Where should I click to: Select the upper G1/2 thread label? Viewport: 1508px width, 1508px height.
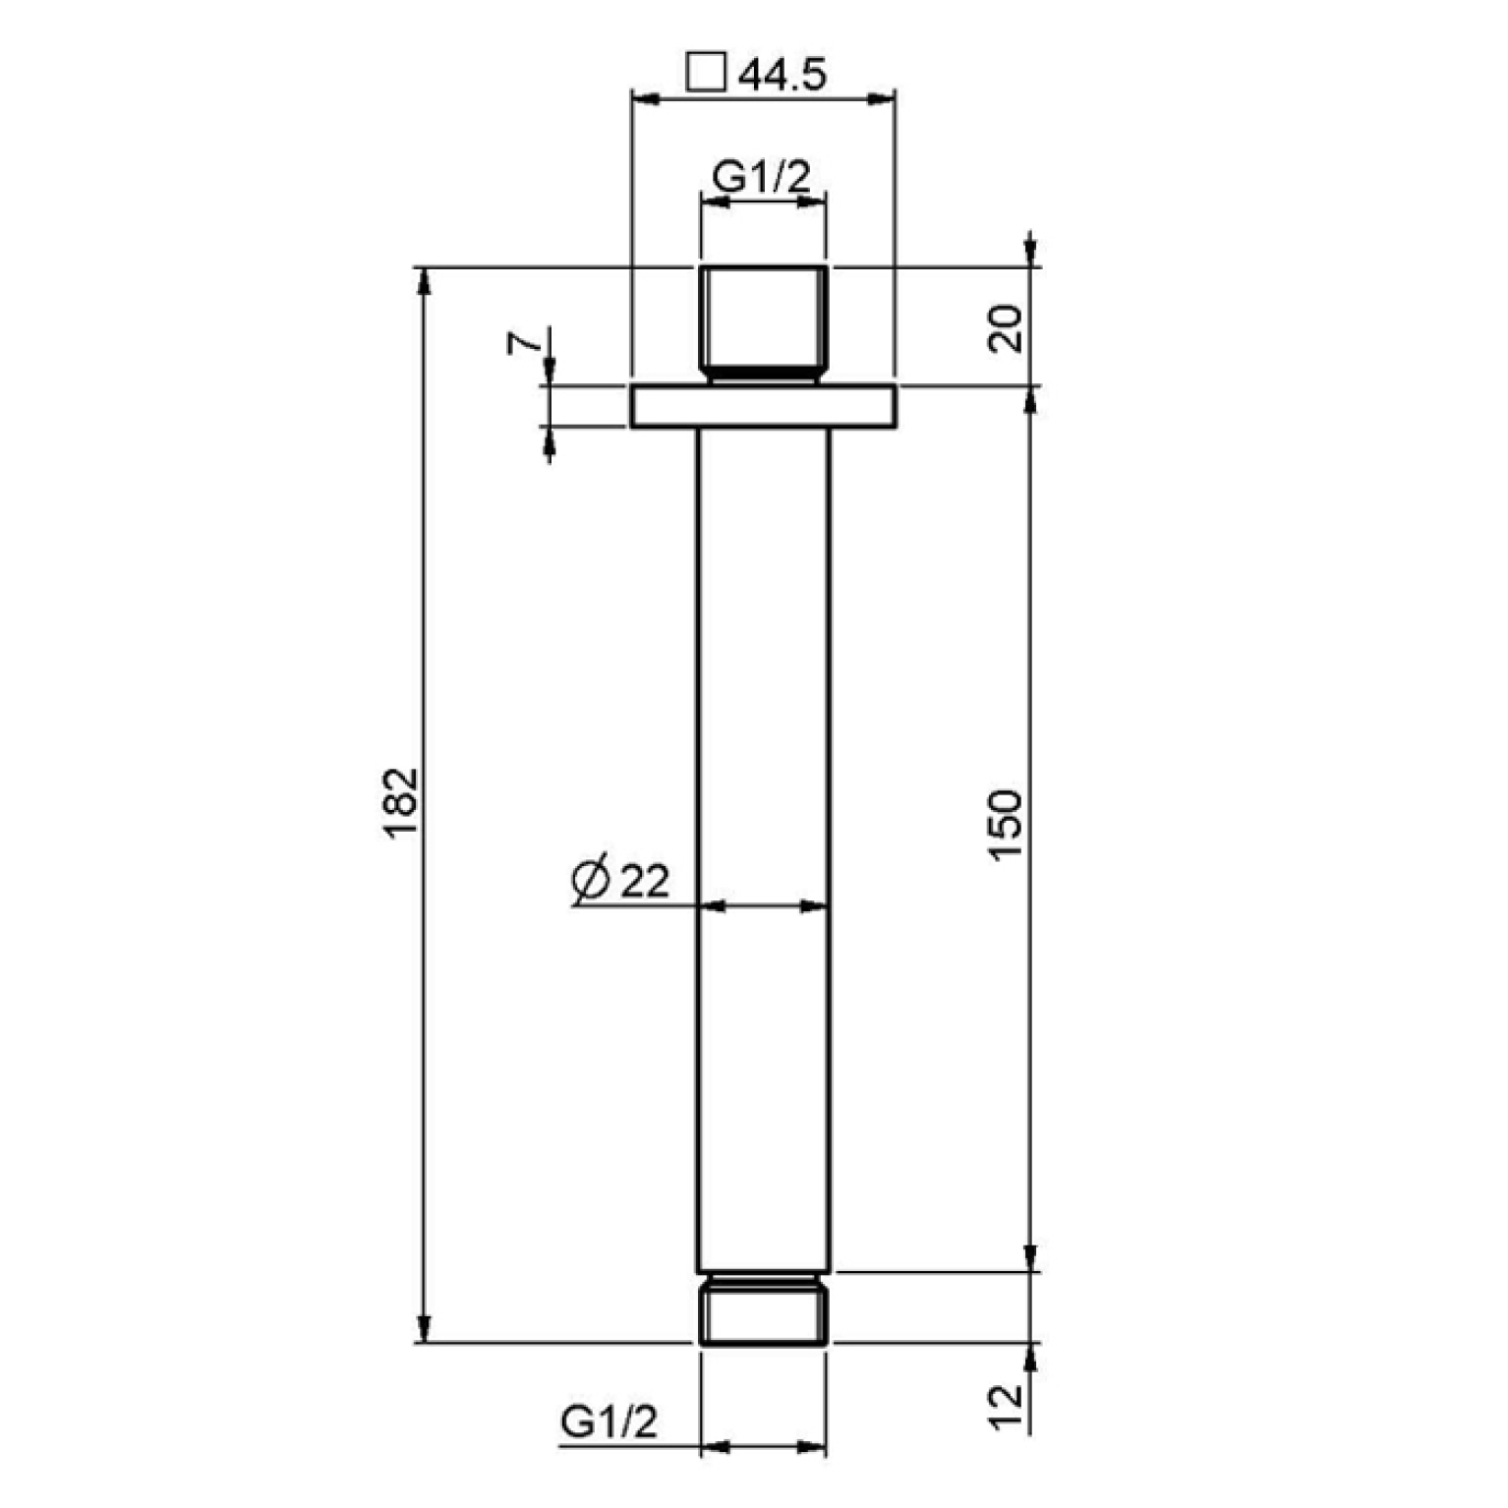(x=762, y=177)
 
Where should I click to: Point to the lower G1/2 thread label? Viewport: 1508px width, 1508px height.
(x=609, y=1421)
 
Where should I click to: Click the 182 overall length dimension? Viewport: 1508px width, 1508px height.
(x=402, y=802)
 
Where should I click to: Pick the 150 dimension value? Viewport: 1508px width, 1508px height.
(x=1006, y=825)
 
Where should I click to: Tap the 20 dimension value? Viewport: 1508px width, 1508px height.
(x=1006, y=329)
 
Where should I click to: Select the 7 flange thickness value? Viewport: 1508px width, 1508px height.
(x=524, y=343)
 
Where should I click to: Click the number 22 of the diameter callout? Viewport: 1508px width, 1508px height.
(x=645, y=882)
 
